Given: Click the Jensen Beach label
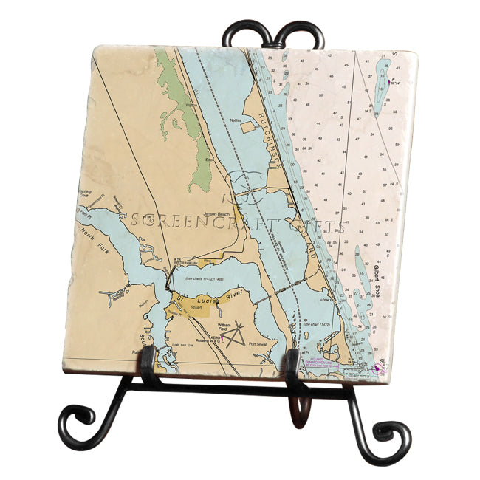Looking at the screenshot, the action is point(224,213).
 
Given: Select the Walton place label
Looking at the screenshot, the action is point(193,106).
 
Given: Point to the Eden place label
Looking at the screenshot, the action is point(210,159).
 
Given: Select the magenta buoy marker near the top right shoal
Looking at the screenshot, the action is point(389,81).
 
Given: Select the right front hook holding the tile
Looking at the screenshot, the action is point(292,366).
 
